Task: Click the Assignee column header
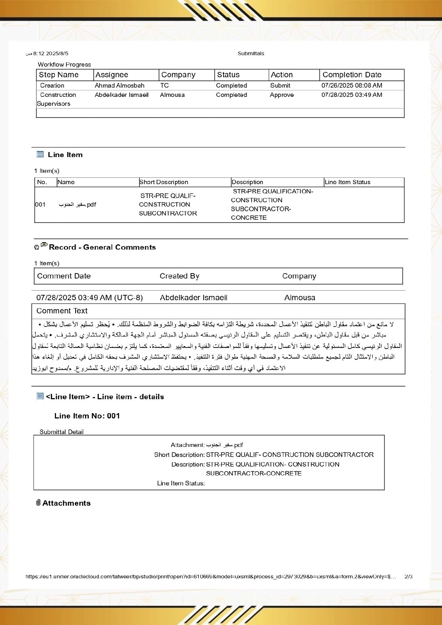point(112,75)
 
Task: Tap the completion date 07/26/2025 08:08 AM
point(351,85)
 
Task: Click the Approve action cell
point(282,95)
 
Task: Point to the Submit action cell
point(280,85)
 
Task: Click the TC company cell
point(164,85)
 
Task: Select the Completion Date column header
point(352,75)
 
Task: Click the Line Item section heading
point(65,155)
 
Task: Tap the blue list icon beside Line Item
point(40,154)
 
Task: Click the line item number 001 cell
point(40,204)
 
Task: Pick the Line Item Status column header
point(347,182)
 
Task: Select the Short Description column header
point(164,182)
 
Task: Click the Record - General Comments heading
point(102,247)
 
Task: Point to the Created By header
point(179,276)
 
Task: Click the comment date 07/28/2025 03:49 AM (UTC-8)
point(89,298)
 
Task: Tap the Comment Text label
point(62,311)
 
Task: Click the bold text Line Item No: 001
point(87,416)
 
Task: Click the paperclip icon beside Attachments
point(38,502)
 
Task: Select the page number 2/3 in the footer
point(408,576)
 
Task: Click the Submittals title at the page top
point(251,53)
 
